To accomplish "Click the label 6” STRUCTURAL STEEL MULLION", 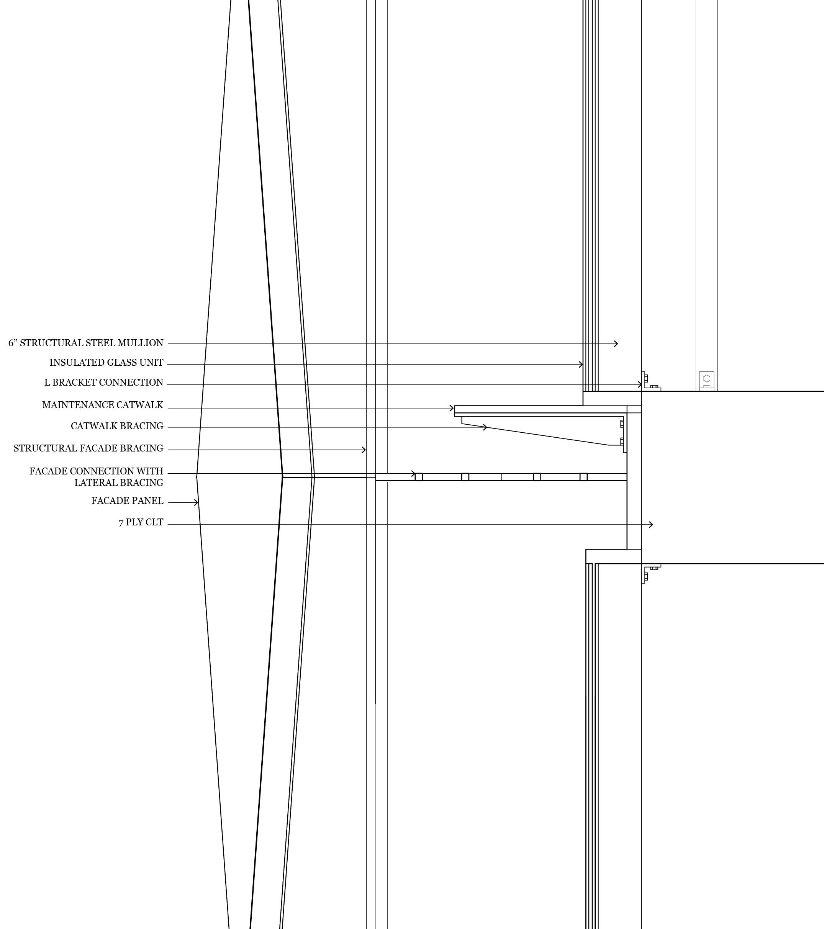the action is point(85,343).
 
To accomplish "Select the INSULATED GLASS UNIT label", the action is point(106,363).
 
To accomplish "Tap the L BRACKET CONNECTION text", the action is point(104,383).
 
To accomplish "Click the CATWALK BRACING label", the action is point(117,426).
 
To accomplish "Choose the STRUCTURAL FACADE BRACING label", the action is point(88,448).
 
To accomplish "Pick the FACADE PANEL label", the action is point(127,501).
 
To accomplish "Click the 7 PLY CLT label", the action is point(141,523).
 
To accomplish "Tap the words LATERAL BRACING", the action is point(119,482).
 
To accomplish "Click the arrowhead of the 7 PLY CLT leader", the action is point(652,525).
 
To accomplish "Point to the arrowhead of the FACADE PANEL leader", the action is point(197,502).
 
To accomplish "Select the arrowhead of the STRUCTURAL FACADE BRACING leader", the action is point(364,450).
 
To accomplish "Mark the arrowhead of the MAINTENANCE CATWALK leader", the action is point(452,408).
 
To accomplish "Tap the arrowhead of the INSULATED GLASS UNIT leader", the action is point(581,365).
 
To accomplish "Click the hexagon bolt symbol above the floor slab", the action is point(707,378).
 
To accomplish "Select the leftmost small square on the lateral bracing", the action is point(419,477).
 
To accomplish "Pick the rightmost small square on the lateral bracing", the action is point(583,477).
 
